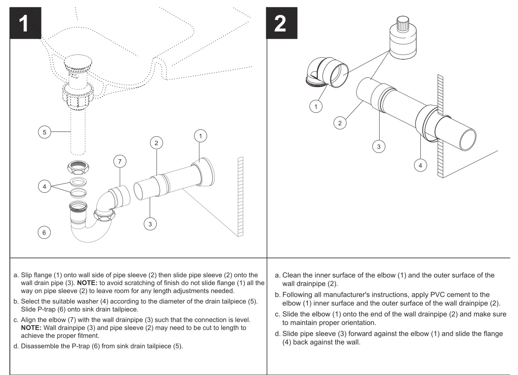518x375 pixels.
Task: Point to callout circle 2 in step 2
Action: pyautogui.click(x=342, y=123)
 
